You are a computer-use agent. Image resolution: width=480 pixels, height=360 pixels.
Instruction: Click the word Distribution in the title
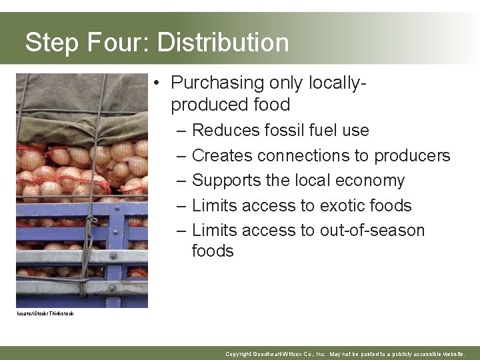tap(223, 43)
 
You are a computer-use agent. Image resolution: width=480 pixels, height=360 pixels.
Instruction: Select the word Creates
tap(222, 155)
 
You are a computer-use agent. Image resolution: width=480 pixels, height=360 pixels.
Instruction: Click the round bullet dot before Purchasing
tap(155, 83)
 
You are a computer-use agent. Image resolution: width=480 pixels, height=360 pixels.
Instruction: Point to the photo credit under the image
tap(45, 313)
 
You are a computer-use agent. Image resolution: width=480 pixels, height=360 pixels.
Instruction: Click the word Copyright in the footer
tap(239, 353)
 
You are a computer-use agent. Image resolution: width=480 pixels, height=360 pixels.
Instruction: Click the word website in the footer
tap(453, 353)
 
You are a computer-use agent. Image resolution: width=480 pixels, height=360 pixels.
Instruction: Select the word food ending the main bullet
tap(273, 105)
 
